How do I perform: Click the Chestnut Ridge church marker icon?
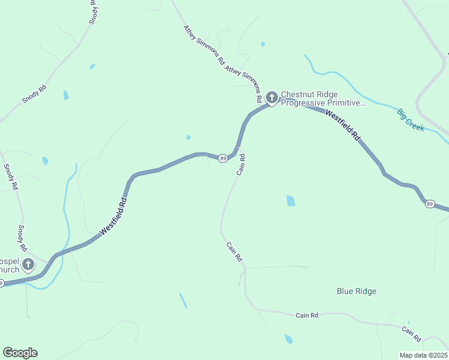[x=271, y=97]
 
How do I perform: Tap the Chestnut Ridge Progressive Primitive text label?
[x=323, y=99]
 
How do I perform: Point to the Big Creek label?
[x=411, y=119]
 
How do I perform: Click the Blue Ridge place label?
[x=357, y=292]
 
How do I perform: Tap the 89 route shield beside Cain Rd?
[x=223, y=158]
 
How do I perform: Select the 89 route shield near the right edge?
[x=430, y=205]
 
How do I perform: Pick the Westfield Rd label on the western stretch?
[x=113, y=216]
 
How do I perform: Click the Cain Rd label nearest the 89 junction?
[x=241, y=164]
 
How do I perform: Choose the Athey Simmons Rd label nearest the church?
[x=244, y=84]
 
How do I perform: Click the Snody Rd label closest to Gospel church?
[x=22, y=238]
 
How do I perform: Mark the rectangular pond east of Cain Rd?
[x=291, y=200]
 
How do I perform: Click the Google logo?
[x=20, y=353]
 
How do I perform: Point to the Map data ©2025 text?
[x=423, y=355]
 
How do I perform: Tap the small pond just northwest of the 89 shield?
[x=188, y=137]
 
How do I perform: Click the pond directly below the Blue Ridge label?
[x=289, y=339]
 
